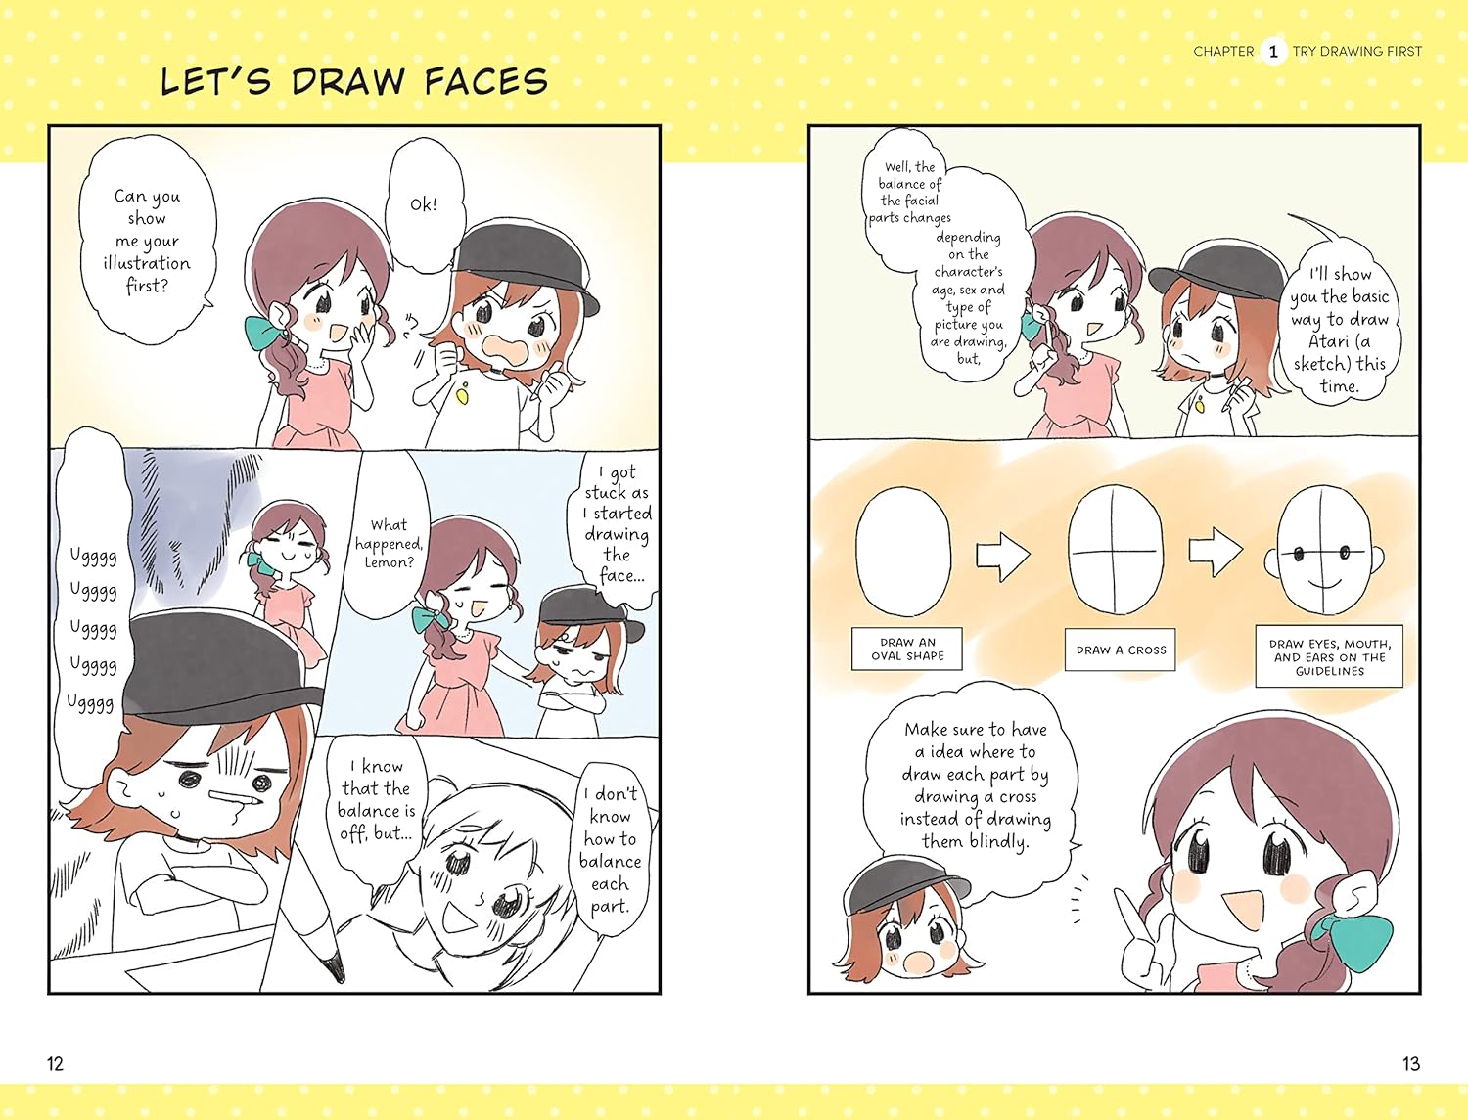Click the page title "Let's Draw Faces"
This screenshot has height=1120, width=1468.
coord(353,81)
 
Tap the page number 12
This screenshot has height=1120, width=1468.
coord(55,1063)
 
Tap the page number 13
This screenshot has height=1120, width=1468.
coord(1410,1063)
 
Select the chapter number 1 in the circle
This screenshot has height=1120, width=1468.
coord(1272,52)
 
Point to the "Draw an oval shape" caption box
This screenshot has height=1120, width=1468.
coord(907,650)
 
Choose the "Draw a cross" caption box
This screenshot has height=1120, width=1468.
coord(1121,650)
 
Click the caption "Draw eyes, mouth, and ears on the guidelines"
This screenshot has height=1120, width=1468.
coord(1329,656)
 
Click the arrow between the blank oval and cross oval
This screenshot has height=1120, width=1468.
coord(1003,555)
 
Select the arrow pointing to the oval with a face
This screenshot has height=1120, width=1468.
coord(1216,552)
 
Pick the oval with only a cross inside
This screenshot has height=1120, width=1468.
coord(1115,551)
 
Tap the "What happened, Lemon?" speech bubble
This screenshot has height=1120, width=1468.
coord(389,544)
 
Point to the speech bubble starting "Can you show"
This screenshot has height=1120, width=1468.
coord(147,241)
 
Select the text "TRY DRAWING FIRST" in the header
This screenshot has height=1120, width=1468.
coord(1356,52)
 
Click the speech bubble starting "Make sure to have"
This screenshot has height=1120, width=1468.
coord(975,785)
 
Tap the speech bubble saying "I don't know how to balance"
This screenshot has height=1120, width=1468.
coord(610,849)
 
